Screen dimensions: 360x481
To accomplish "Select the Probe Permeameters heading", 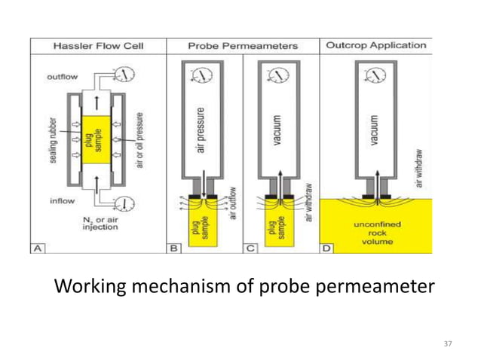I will point(243,46).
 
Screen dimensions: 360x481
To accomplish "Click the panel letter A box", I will point(38,246).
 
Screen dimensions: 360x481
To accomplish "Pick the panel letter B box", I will point(175,246).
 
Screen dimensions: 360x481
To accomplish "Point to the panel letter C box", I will point(250,246).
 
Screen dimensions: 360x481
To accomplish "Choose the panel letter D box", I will point(326,246).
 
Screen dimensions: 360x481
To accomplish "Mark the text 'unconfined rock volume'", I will point(375,233).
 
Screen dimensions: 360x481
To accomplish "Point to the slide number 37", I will point(448,343).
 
